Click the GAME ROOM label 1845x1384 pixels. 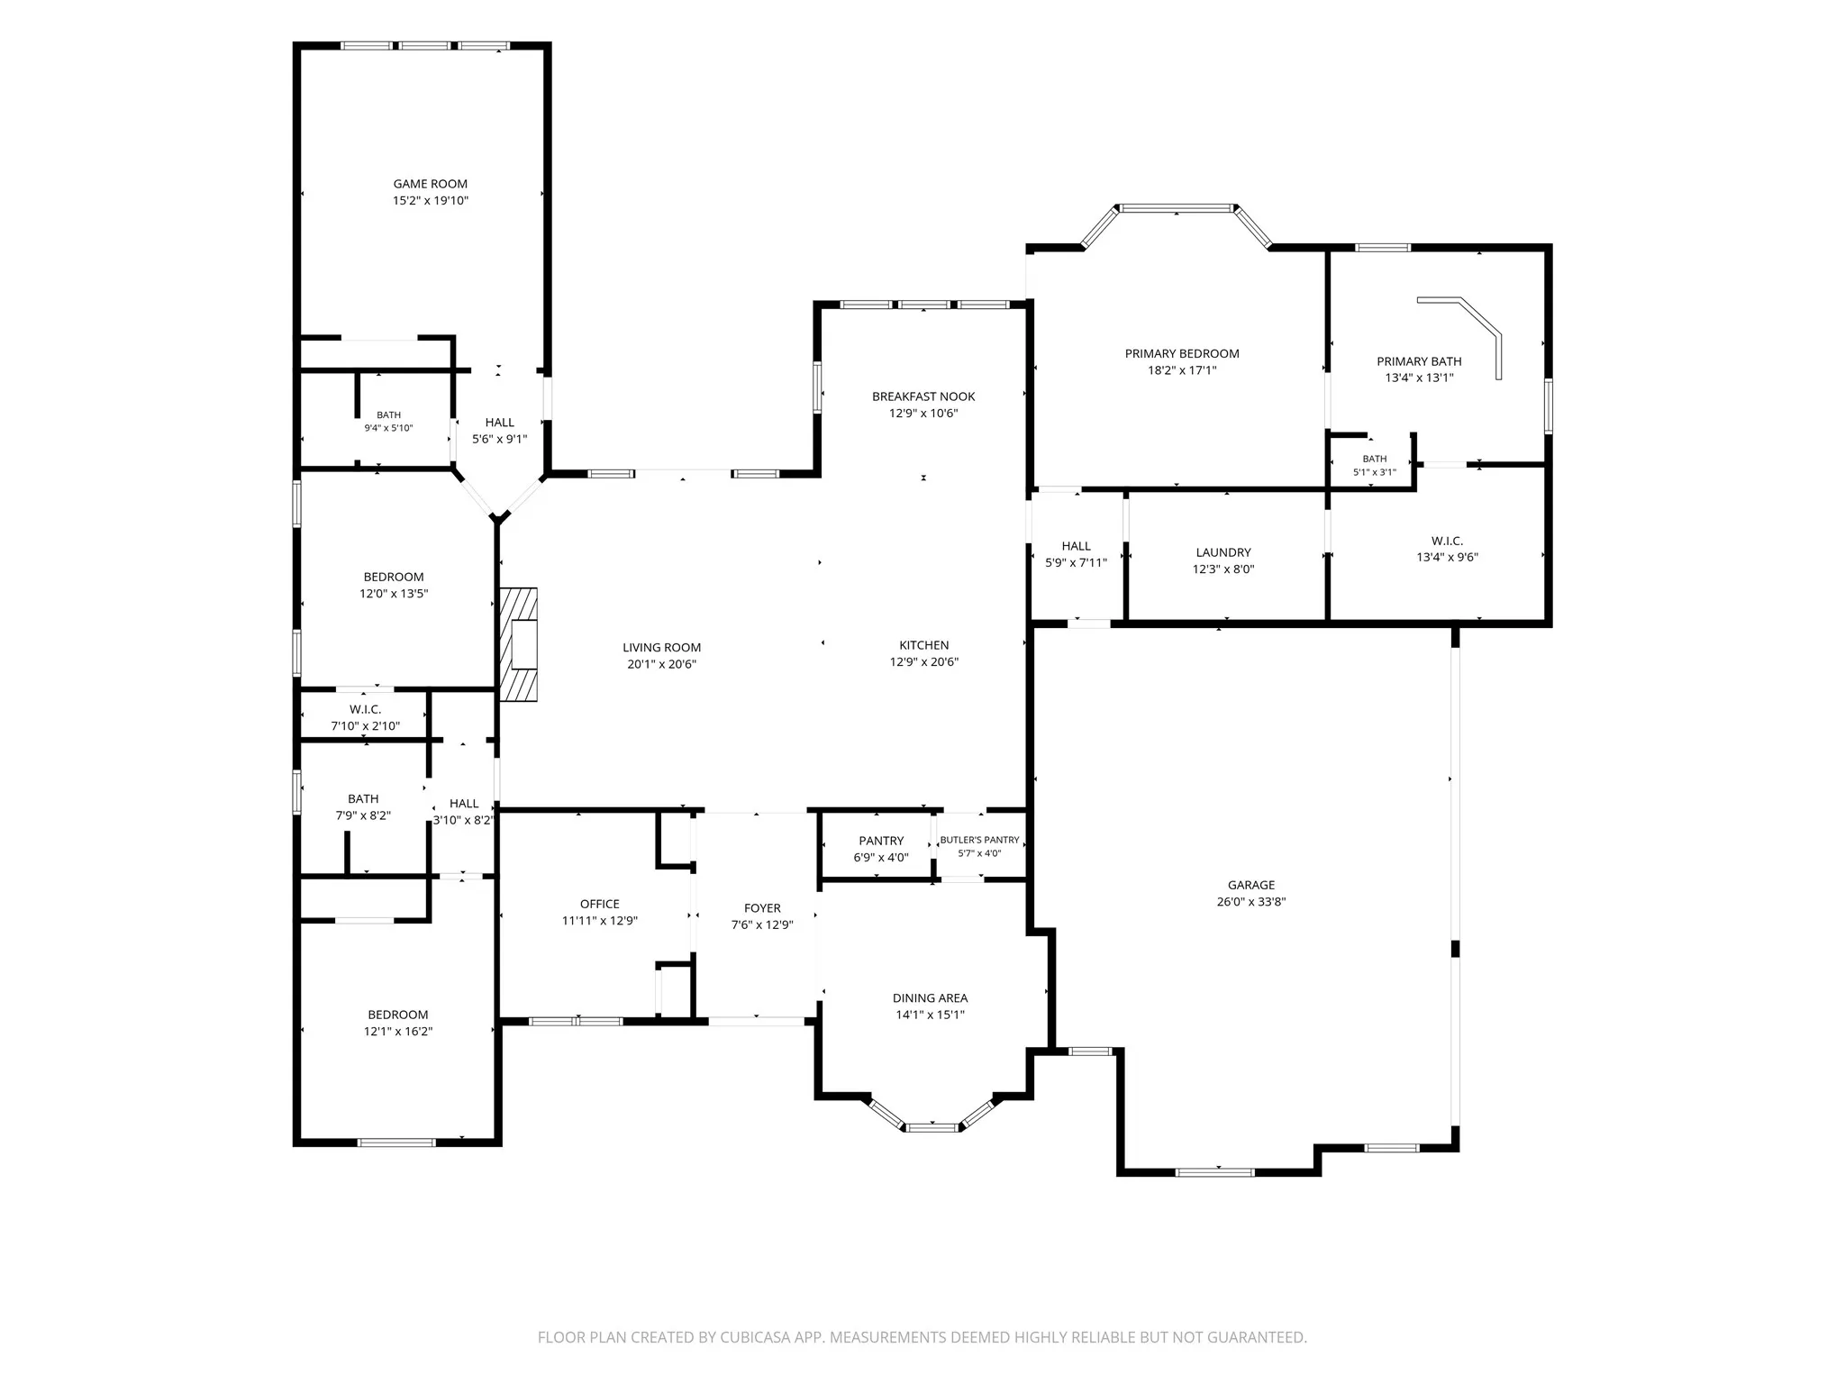pos(430,184)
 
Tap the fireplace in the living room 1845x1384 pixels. pos(519,644)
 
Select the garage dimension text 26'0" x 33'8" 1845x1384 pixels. pos(1250,902)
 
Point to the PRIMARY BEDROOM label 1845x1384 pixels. pos(1182,353)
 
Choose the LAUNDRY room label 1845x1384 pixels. pos(1223,552)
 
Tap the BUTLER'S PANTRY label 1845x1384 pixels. pos(979,840)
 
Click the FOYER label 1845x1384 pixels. pos(762,908)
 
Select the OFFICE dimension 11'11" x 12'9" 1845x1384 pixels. pos(600,921)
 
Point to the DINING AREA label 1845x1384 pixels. pos(930,997)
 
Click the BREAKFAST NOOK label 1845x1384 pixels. pos(923,396)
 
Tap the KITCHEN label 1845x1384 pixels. pos(923,645)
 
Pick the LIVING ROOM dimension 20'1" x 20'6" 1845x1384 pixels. pos(662,664)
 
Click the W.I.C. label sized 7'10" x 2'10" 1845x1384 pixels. pos(365,709)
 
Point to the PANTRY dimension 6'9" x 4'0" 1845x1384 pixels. pos(881,858)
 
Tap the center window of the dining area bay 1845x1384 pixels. pos(932,1127)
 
